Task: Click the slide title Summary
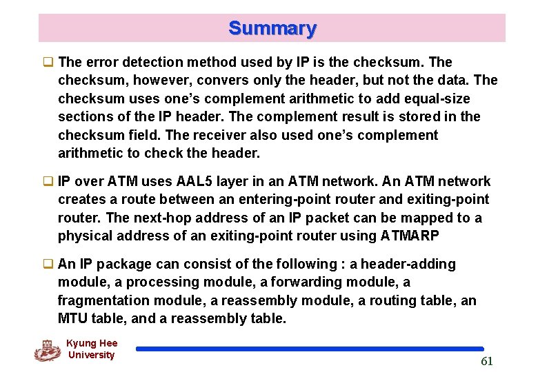[x=272, y=28]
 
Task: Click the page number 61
[x=487, y=362]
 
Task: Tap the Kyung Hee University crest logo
[x=47, y=350]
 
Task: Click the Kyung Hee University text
[x=91, y=349]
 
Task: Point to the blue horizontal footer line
[x=310, y=349]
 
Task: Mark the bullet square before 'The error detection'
[x=48, y=63]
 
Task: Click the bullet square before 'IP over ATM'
[x=48, y=182]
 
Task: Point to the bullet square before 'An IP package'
[x=48, y=265]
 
